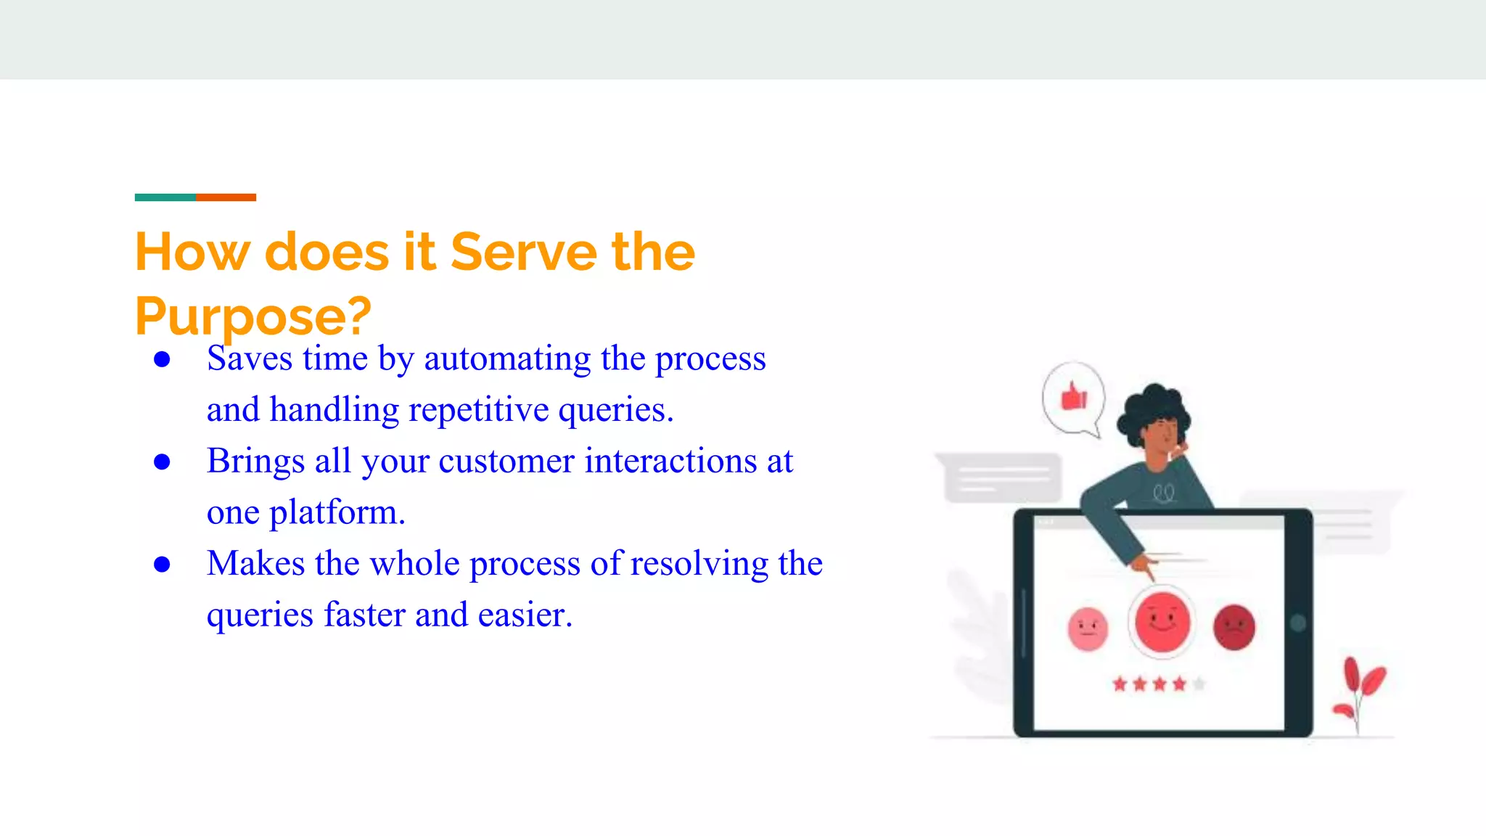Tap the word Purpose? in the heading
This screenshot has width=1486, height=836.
point(253,316)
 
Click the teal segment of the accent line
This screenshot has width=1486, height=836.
point(165,197)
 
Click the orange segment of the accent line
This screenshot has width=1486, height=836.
point(226,197)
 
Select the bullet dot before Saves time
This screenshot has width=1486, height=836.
point(162,359)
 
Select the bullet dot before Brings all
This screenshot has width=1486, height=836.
point(162,462)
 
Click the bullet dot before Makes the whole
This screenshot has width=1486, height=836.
point(162,565)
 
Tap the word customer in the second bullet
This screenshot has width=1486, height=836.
point(506,462)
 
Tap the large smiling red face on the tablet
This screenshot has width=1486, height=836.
point(1162,622)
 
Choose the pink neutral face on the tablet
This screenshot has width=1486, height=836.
point(1088,628)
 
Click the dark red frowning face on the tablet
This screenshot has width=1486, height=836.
point(1233,627)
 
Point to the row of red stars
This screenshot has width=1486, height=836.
point(1151,684)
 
